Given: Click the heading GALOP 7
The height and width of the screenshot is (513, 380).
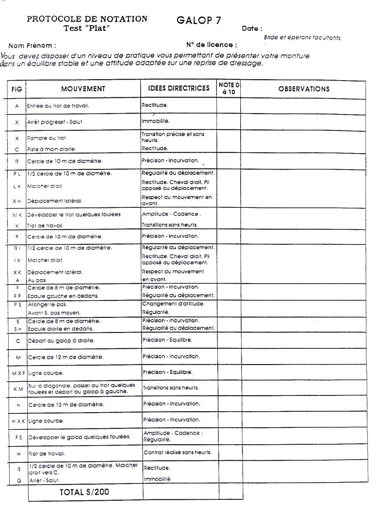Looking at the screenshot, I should [199, 20].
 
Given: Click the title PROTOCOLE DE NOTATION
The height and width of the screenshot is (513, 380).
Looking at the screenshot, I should [87, 19].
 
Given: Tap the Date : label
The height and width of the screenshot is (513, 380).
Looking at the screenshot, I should [252, 29].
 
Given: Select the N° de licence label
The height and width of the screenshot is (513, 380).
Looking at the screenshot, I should [212, 44].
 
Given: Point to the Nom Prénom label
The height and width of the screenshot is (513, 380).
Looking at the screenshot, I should [32, 45].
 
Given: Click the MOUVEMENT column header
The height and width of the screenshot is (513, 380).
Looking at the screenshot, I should [83, 89].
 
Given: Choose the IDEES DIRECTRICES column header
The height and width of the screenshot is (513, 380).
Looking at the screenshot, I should [179, 89].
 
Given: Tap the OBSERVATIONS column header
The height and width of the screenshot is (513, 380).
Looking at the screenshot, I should [304, 89].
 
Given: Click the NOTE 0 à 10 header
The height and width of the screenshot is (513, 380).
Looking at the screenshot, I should [228, 88].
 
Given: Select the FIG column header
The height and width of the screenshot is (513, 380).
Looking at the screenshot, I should [17, 89].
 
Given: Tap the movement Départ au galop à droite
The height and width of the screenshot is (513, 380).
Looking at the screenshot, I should [61, 341].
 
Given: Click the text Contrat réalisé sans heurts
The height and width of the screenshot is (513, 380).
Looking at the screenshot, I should [178, 452].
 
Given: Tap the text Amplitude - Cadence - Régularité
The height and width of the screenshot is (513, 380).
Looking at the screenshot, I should [173, 436].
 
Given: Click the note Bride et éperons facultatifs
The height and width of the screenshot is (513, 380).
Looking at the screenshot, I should [302, 37].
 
